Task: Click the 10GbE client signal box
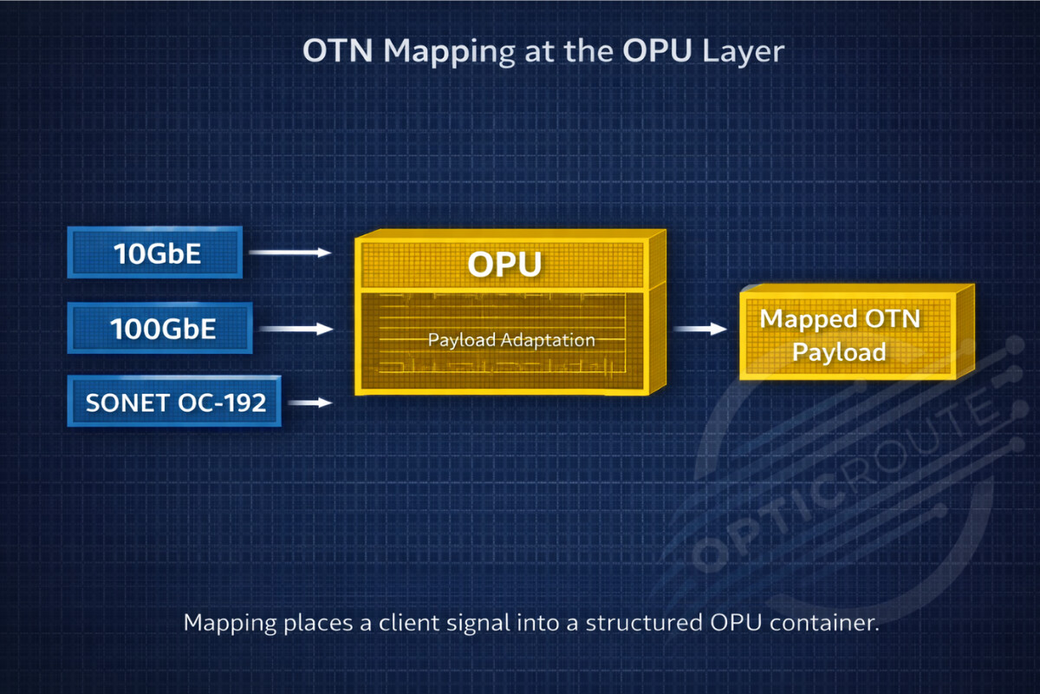point(154,252)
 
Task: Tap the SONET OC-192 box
point(175,402)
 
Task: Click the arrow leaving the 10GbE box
point(290,252)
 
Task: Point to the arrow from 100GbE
point(296,329)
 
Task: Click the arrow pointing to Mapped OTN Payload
point(700,329)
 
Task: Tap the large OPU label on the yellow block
point(504,265)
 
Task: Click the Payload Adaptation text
point(511,340)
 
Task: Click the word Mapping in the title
point(449,52)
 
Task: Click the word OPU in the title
point(658,51)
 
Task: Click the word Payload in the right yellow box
point(839,352)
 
